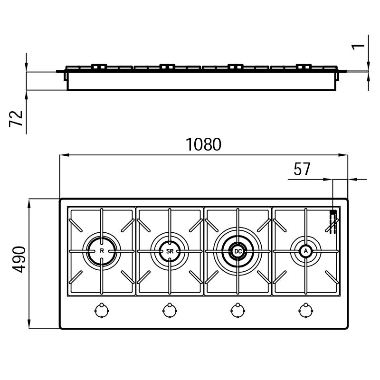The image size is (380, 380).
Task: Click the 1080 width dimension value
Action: pyautogui.click(x=203, y=144)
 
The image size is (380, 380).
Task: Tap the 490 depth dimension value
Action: pyautogui.click(x=19, y=259)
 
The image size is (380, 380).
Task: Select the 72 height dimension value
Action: pyautogui.click(x=16, y=119)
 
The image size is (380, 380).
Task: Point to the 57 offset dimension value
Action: pyautogui.click(x=302, y=169)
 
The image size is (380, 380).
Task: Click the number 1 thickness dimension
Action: pyautogui.click(x=358, y=46)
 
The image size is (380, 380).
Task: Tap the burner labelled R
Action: pyautogui.click(x=102, y=251)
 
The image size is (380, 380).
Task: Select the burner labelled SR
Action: pyautogui.click(x=170, y=251)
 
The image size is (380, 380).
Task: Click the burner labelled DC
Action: pyautogui.click(x=238, y=251)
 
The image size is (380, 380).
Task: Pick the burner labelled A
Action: pyautogui.click(x=306, y=251)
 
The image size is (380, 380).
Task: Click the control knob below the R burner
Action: pyautogui.click(x=102, y=311)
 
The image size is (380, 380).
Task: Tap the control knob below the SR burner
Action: pyautogui.click(x=170, y=311)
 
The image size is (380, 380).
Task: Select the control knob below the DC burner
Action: pyautogui.click(x=238, y=311)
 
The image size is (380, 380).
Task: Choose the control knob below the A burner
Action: pyautogui.click(x=306, y=311)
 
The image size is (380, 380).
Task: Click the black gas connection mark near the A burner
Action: pyautogui.click(x=333, y=212)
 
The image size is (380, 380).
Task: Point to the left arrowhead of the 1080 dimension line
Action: pyautogui.click(x=64, y=155)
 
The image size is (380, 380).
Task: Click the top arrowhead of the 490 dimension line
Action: pyautogui.click(x=29, y=204)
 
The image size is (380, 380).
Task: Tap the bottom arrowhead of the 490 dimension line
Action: pyautogui.click(x=29, y=324)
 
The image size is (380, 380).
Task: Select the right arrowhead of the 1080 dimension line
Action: pyautogui.click(x=343, y=155)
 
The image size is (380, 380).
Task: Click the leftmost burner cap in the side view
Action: pyautogui.click(x=99, y=66)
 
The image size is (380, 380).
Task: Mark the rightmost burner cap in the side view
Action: pyautogui.click(x=304, y=66)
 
